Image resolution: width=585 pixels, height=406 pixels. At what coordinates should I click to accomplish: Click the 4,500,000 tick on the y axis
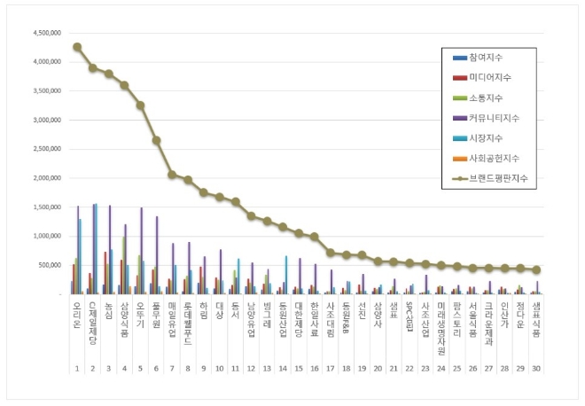click(42, 34)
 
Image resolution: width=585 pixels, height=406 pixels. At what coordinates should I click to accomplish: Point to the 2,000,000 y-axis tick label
click(42, 178)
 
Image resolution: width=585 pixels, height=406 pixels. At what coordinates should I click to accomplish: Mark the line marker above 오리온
click(77, 47)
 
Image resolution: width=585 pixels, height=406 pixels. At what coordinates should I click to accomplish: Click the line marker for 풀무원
click(156, 140)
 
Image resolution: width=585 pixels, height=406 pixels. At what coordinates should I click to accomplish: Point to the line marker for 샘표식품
click(536, 269)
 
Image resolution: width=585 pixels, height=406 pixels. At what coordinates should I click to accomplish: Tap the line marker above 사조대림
click(330, 253)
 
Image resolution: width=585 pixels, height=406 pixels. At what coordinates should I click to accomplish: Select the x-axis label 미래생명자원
click(441, 323)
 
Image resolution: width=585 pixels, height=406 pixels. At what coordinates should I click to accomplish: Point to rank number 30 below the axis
click(536, 368)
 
